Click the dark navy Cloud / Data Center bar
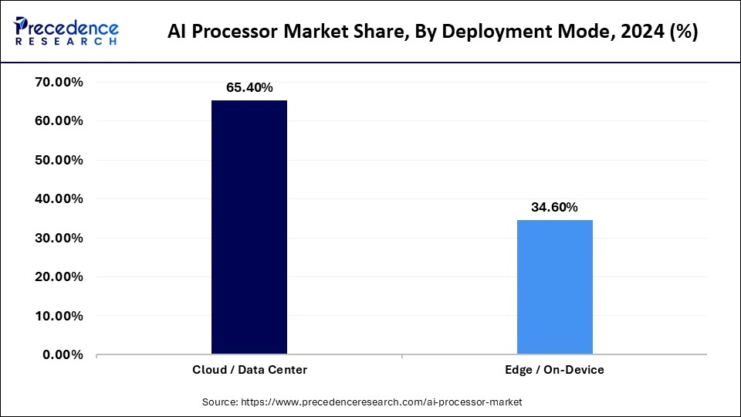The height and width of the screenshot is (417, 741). [x=249, y=228]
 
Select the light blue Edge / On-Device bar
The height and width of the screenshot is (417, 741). [x=554, y=287]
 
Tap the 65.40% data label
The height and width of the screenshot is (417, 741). [x=249, y=87]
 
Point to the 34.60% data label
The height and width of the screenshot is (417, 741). [x=554, y=207]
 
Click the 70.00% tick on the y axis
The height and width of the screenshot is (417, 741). [x=60, y=82]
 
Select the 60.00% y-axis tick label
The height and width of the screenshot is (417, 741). [x=60, y=121]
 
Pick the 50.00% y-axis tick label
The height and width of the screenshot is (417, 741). [x=60, y=160]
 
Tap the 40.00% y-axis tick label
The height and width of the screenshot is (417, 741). [x=60, y=199]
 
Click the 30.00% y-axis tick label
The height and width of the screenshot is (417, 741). [x=60, y=238]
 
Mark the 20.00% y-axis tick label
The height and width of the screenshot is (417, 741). [x=60, y=277]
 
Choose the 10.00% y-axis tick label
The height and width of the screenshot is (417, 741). [x=60, y=316]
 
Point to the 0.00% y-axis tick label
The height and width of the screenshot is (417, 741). [x=63, y=355]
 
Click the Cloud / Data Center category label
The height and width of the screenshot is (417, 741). [x=249, y=370]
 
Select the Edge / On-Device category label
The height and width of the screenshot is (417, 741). [x=554, y=370]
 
